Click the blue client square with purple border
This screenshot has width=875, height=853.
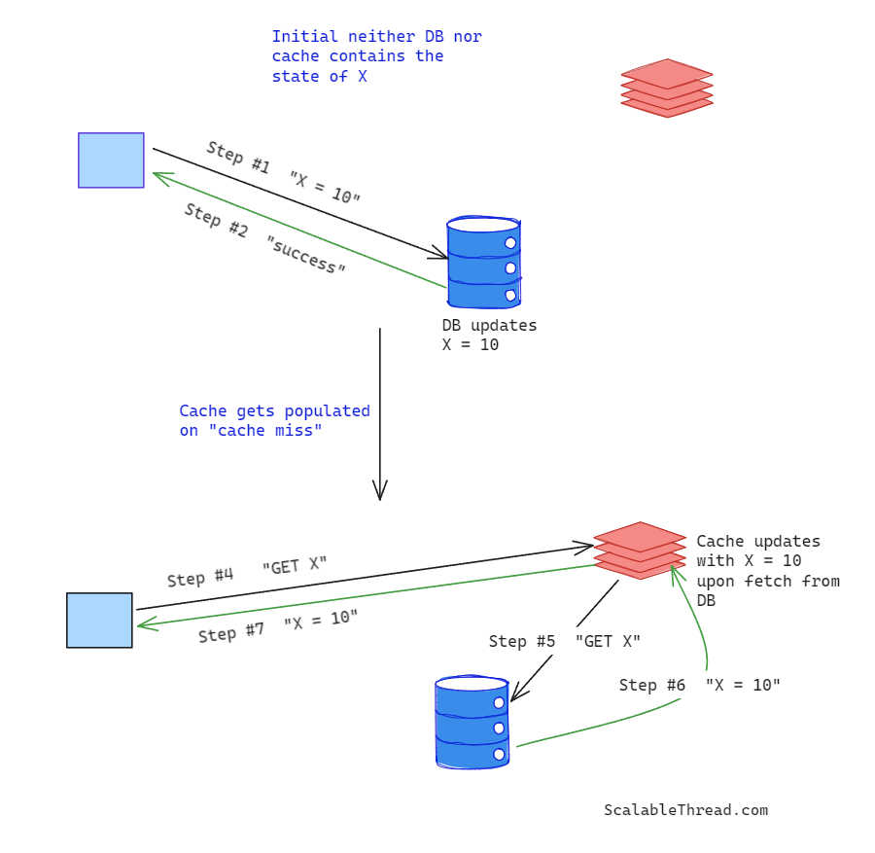click(x=111, y=160)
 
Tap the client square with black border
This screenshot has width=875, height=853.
click(x=99, y=620)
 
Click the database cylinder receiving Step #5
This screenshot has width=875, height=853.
click(x=472, y=723)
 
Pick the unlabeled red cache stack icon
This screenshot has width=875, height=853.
click(x=667, y=88)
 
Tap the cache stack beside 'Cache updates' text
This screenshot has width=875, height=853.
click(x=640, y=551)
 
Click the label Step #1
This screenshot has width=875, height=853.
click(x=238, y=158)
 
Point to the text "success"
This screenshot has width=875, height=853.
click(x=306, y=255)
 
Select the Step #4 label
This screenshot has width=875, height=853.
click(x=199, y=578)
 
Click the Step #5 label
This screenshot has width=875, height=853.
click(x=522, y=641)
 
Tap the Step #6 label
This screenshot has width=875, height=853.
click(x=652, y=686)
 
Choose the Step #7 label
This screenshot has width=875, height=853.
click(x=231, y=632)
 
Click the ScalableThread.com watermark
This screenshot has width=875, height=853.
click(x=685, y=810)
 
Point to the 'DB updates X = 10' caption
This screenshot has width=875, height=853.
click(x=489, y=335)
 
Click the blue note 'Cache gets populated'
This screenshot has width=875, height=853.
click(x=274, y=420)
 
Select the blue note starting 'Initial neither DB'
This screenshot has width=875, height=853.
click(x=376, y=56)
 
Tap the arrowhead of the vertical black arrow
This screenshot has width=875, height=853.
click(x=380, y=492)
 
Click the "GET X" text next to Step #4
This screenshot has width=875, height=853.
click(x=295, y=566)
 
